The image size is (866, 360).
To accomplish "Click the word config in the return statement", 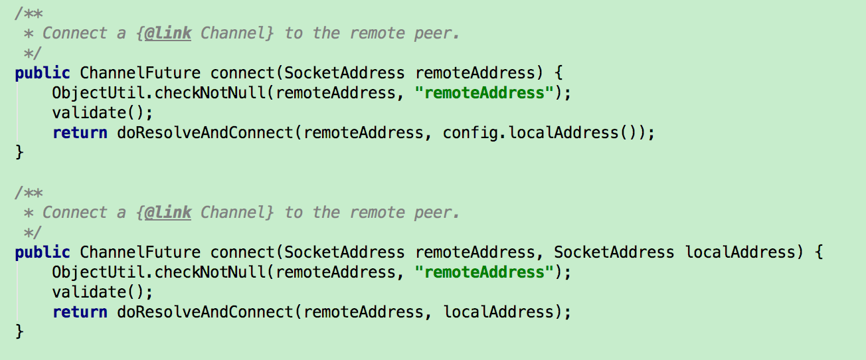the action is tap(470, 133).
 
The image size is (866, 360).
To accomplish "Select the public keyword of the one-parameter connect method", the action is tap(42, 73).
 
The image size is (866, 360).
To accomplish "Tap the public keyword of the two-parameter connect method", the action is tap(42, 252).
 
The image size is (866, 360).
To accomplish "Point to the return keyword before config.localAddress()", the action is tap(80, 133).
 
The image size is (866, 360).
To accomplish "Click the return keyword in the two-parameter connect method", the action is tap(80, 312).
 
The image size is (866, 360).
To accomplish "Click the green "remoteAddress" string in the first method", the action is tap(484, 93).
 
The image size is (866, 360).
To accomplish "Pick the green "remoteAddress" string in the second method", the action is tap(484, 272).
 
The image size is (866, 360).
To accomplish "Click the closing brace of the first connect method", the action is tap(19, 153).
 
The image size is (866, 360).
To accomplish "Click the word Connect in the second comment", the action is tap(74, 213).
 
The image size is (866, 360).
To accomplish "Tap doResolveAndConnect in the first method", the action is tap(205, 133).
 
